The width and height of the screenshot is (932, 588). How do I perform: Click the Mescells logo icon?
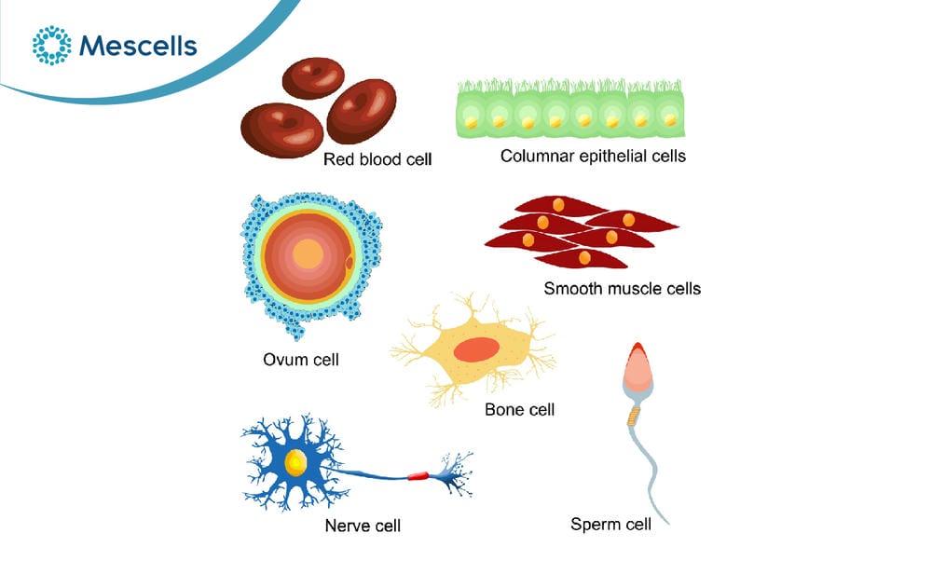pyautogui.click(x=51, y=45)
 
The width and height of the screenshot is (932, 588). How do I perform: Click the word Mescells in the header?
pyautogui.click(x=138, y=46)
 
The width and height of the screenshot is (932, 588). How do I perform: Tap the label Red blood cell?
pyautogui.click(x=377, y=159)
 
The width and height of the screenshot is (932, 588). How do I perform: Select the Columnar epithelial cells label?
pyautogui.click(x=593, y=156)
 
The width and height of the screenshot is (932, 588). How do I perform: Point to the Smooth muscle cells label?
pyautogui.click(x=623, y=288)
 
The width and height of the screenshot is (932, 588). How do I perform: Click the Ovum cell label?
pyautogui.click(x=301, y=360)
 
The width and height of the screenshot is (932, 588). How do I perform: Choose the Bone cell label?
pyautogui.click(x=519, y=410)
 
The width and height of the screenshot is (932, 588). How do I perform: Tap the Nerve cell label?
pyautogui.click(x=363, y=526)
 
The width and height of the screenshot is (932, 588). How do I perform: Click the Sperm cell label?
pyautogui.click(x=610, y=524)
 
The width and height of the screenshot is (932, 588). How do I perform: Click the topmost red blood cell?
pyautogui.click(x=313, y=78)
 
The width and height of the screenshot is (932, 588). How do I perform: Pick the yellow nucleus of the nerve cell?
pyautogui.click(x=295, y=462)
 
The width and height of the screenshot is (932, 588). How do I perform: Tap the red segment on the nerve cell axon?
pyautogui.click(x=418, y=475)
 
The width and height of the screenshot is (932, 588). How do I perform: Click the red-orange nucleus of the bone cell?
pyautogui.click(x=476, y=349)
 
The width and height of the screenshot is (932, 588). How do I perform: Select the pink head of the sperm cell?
pyautogui.click(x=637, y=366)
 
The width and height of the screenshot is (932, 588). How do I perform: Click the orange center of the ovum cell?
pyautogui.click(x=308, y=253)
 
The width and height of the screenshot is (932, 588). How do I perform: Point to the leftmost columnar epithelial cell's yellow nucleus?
pyautogui.click(x=471, y=122)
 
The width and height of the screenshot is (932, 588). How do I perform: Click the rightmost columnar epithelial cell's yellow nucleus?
pyautogui.click(x=670, y=120)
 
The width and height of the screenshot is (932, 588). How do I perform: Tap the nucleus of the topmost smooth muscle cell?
pyautogui.click(x=558, y=205)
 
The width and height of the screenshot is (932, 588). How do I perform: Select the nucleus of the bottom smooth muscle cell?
pyautogui.click(x=584, y=258)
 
